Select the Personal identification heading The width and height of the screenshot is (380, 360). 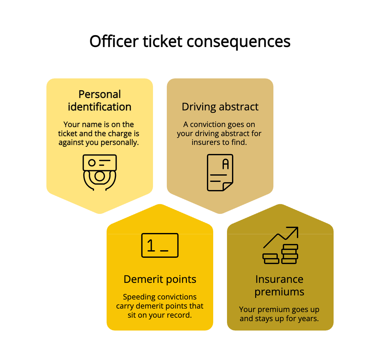[99, 101]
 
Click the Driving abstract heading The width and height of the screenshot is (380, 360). [220, 107]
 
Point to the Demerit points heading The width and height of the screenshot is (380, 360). [160, 279]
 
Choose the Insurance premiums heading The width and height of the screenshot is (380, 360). [279, 285]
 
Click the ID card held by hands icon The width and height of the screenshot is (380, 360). [99, 172]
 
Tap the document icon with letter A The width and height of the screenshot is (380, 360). [220, 172]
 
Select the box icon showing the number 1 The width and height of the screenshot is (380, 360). [160, 245]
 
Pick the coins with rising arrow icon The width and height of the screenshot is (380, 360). [280, 245]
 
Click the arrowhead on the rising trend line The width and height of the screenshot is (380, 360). [294, 230]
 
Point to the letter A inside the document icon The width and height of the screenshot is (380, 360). [225, 164]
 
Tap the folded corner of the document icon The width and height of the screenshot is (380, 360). [228, 186]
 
